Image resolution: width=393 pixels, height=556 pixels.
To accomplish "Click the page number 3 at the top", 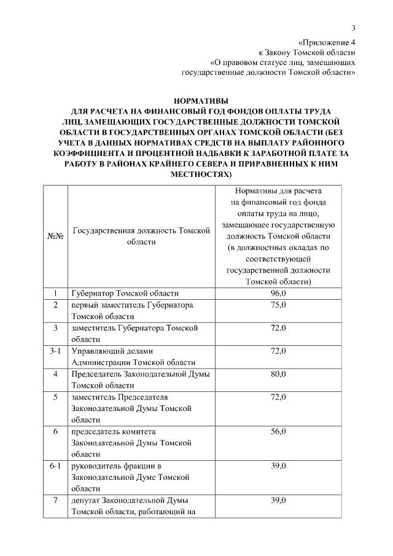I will tap(354, 28).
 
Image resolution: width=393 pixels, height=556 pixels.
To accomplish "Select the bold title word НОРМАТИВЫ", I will tap(201, 101).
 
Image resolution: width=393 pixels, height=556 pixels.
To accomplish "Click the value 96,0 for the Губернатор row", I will tap(278, 294).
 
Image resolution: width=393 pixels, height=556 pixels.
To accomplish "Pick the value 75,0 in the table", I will tap(278, 305).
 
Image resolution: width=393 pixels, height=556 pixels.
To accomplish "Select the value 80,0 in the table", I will tap(278, 374).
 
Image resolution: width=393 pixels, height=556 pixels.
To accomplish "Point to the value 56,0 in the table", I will tap(278, 432).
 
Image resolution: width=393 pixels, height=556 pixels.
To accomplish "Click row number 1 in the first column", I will tap(56, 294).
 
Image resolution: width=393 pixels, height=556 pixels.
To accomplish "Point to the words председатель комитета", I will tap(114, 432).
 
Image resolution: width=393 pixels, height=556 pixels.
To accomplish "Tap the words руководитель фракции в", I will tap(116, 466).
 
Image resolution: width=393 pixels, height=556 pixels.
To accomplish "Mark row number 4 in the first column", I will tap(56, 374).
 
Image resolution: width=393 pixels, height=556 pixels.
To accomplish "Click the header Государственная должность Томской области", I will tap(141, 236).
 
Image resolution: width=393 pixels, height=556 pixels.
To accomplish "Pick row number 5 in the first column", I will tap(56, 397).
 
